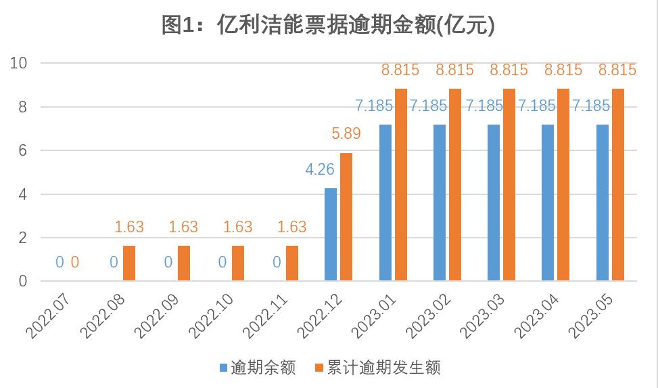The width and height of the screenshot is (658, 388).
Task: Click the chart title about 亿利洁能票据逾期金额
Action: pos(329,25)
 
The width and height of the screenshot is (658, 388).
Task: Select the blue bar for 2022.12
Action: pos(331,234)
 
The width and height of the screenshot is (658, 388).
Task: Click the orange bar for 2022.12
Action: pos(346,217)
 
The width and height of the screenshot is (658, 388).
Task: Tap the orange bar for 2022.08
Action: pos(129,263)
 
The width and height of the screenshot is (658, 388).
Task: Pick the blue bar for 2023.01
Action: pos(385,202)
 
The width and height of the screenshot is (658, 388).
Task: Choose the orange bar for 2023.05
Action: pos(617,185)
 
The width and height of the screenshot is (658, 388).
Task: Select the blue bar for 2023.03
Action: pos(493,202)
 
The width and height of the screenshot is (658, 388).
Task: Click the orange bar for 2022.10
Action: pos(238,263)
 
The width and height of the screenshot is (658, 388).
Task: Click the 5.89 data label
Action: pos(346,134)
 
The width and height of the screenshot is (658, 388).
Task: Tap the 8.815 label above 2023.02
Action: pos(454,70)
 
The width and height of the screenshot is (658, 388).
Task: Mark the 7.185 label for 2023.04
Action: pos(536,106)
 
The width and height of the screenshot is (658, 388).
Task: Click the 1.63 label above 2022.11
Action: pos(292,227)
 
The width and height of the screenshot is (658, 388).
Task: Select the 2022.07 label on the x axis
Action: pos(51,311)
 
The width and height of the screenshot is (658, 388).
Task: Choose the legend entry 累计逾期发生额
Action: pos(378,368)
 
